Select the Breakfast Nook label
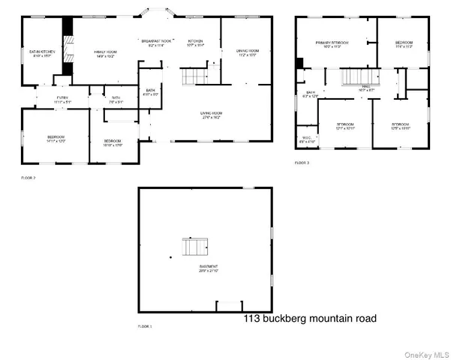click(x=155, y=43)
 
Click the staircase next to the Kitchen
click(x=194, y=76)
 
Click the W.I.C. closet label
click(x=307, y=139)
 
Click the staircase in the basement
click(x=194, y=247)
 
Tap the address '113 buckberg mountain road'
click(x=310, y=319)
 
